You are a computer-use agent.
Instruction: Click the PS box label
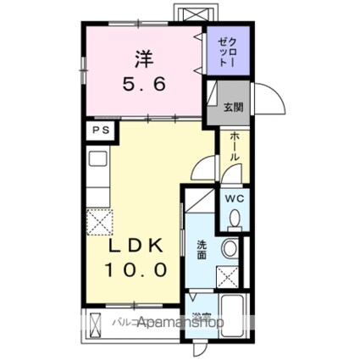pos(100,130)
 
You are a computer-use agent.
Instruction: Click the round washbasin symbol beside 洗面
pos(228,251)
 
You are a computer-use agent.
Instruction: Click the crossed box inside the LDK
pos(98,222)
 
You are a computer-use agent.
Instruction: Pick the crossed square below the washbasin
pos(226,276)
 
